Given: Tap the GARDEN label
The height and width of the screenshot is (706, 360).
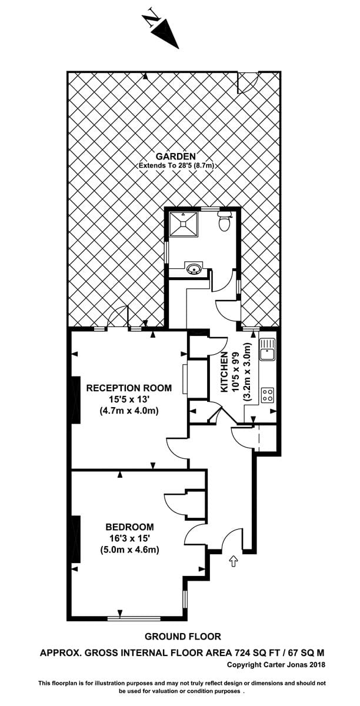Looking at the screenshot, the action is (176, 156).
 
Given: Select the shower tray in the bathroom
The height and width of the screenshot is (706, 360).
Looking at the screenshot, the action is (183, 224).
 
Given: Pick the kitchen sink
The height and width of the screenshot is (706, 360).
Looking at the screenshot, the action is (267, 349).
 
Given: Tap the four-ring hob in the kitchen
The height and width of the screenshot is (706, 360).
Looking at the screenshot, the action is (268, 395).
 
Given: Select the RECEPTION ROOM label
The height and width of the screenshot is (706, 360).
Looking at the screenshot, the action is (129, 388).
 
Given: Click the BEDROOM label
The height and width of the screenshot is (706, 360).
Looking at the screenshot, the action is (130, 527).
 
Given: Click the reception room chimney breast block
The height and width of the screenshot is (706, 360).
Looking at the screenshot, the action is (76, 400).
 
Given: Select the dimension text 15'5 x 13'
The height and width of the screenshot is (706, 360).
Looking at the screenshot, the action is (129, 399).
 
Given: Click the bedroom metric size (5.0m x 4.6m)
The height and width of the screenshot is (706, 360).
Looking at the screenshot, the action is (129, 550).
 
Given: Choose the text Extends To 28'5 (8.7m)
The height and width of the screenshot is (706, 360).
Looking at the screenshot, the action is (176, 165).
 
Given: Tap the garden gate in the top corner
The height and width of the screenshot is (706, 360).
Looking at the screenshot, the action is (248, 82).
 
